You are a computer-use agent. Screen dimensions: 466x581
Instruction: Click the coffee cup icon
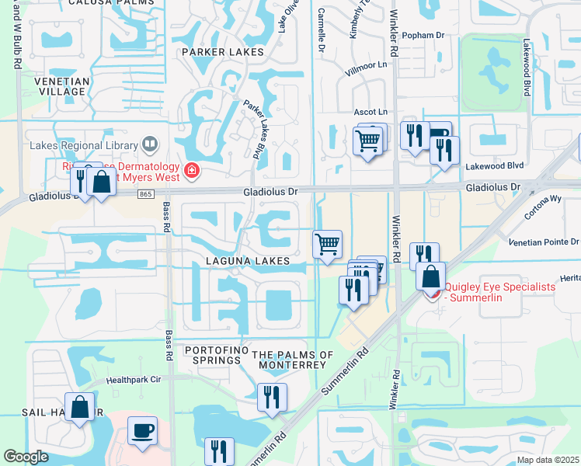pyautogui.click(x=142, y=431)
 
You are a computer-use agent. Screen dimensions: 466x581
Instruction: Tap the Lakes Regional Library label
pyautogui.click(x=82, y=144)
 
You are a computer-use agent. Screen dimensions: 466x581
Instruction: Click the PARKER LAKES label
pyautogui.click(x=222, y=52)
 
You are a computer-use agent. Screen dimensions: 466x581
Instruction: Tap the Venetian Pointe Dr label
pyautogui.click(x=543, y=242)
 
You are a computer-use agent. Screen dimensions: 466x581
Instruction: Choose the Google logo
pyautogui.click(x=26, y=457)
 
